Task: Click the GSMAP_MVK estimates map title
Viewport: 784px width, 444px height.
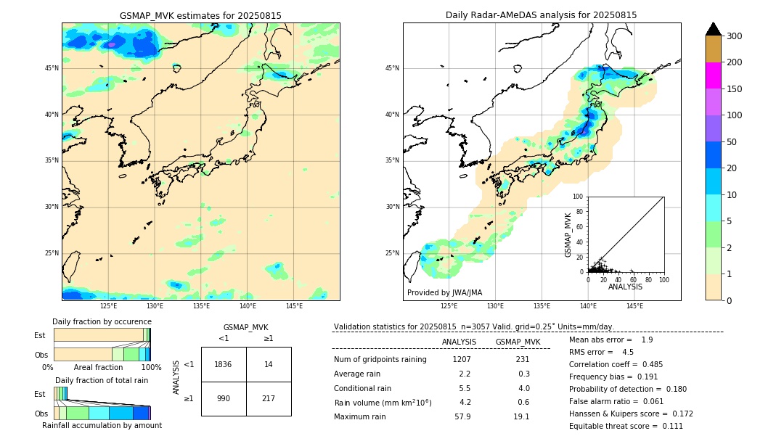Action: coord(200,15)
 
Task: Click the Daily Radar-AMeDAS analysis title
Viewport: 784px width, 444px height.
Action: coord(541,15)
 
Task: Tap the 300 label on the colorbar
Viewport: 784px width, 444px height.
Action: coord(735,36)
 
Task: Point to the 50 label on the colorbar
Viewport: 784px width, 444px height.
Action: coord(732,142)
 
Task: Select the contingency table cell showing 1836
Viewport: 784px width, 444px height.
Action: coord(224,364)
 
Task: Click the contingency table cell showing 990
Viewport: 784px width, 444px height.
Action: coord(224,399)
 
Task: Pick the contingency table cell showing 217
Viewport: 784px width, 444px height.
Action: coord(269,399)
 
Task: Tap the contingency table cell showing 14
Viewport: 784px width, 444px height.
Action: coord(269,364)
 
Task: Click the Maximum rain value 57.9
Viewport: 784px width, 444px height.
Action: coord(462,416)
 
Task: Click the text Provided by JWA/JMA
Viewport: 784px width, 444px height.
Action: coord(444,293)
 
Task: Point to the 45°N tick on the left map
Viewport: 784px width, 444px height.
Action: coord(52,68)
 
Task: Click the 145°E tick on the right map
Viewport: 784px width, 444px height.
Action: coord(634,306)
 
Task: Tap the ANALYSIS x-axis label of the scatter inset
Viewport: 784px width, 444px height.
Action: coord(625,287)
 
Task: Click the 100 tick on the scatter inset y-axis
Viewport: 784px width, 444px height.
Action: coord(579,197)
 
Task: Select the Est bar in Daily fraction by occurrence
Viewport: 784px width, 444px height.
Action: coord(102,335)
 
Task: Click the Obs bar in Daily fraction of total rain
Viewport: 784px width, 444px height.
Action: coord(102,413)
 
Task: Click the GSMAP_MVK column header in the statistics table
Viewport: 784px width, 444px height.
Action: coord(518,342)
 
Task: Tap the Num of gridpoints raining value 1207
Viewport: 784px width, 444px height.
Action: coord(462,360)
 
